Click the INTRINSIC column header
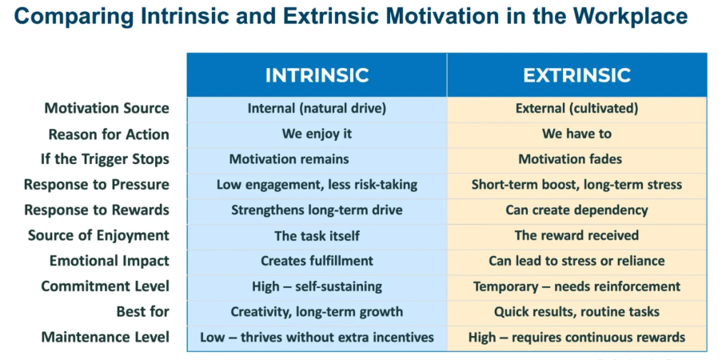click(317, 75)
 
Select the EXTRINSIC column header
click(576, 75)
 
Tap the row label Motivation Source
click(106, 109)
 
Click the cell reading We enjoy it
click(317, 134)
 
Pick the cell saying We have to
click(576, 134)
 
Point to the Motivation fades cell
click(576, 159)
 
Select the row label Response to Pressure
click(96, 185)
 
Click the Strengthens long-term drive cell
click(317, 210)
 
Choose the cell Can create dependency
click(576, 210)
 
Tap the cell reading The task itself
click(317, 235)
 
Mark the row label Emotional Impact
click(109, 261)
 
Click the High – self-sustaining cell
click(317, 286)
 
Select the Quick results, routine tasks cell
click(576, 311)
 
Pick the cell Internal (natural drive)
click(317, 109)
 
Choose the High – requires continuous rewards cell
click(576, 337)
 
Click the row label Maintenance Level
click(105, 337)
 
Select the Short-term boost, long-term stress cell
click(576, 185)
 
